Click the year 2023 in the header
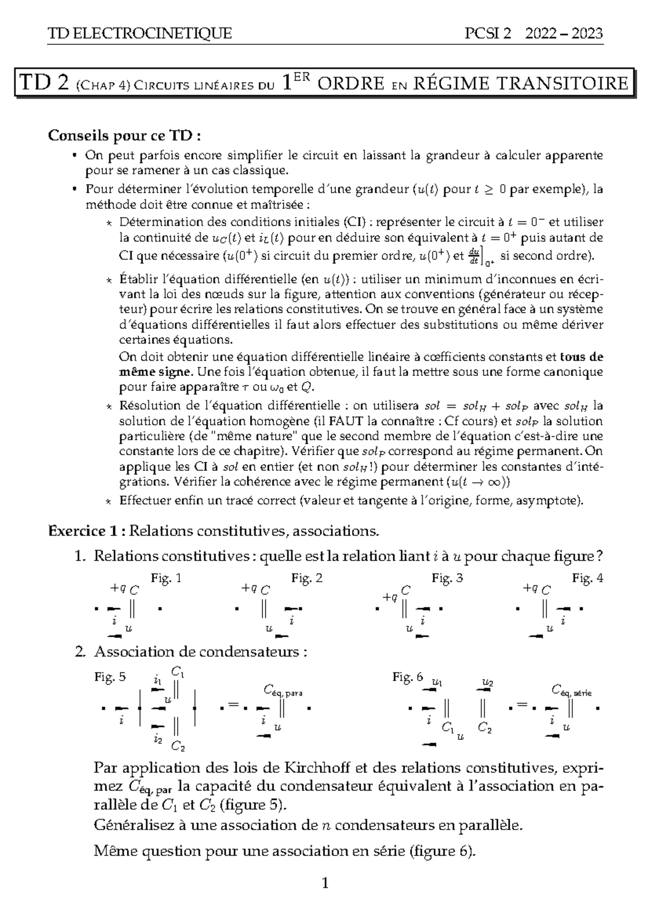pos(585,33)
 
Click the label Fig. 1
pos(166,578)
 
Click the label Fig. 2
pos(307,578)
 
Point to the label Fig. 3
pos(447,578)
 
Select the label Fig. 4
pos(588,578)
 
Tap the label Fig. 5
pos(110,677)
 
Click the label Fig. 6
pos(408,677)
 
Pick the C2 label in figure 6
pos(485,729)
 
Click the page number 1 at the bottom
pos(325,884)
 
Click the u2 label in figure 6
pos(487,683)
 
